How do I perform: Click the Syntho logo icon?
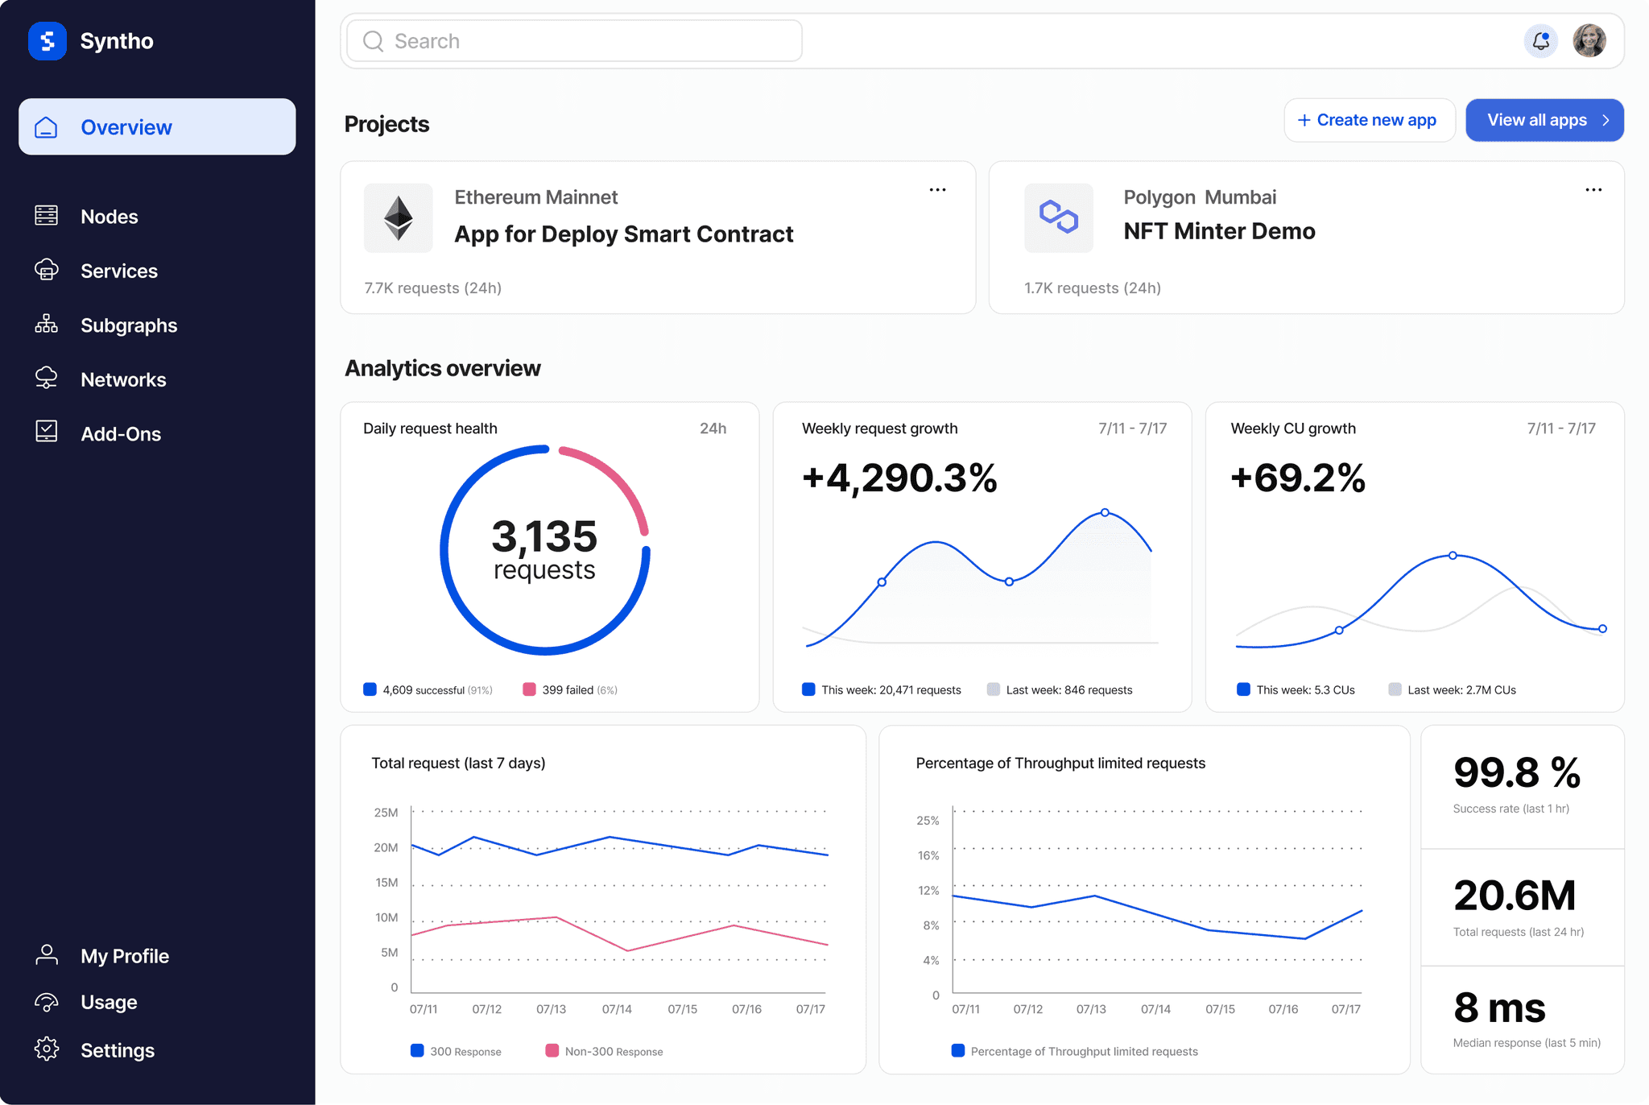click(x=48, y=41)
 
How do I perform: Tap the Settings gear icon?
click(x=47, y=1049)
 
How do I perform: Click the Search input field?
click(x=574, y=41)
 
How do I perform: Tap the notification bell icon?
click(x=1540, y=41)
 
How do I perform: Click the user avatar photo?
click(x=1589, y=41)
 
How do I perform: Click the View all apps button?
click(x=1544, y=120)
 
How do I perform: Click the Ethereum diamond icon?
click(x=398, y=217)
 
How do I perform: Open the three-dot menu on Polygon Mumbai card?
click(x=1593, y=190)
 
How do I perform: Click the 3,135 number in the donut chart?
click(x=544, y=536)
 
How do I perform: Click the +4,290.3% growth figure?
click(x=899, y=478)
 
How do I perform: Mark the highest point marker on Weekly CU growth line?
click(x=1453, y=556)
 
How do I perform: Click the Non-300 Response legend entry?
click(x=604, y=1051)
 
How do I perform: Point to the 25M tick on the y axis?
click(x=386, y=813)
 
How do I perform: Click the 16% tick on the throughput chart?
click(x=928, y=855)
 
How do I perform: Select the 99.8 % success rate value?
click(x=1517, y=772)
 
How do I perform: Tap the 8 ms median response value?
click(x=1499, y=1008)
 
